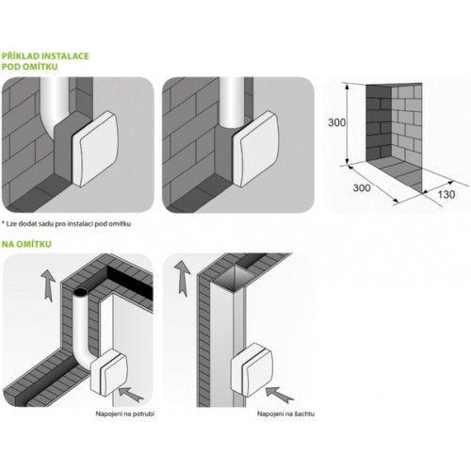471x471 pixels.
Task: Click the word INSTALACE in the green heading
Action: coord(65,57)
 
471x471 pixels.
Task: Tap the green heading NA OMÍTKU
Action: coord(26,244)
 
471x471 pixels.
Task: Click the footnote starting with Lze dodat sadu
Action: coord(66,224)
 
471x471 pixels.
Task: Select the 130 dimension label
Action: coord(447,195)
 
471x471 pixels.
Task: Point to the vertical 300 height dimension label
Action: coord(337,122)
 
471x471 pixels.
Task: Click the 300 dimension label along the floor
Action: coord(362,187)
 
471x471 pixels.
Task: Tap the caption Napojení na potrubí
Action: coord(125,414)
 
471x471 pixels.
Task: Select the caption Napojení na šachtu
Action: coord(285,414)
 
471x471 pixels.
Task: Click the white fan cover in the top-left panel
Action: coord(95,148)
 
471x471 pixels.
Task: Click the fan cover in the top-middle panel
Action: coord(255,148)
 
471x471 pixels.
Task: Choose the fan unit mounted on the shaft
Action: coord(252,369)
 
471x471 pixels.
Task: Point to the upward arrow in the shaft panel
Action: coord(183,277)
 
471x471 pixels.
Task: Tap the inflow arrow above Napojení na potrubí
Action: coord(130,395)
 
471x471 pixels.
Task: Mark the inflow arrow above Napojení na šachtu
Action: coord(279,394)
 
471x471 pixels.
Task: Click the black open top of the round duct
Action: coord(80,292)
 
